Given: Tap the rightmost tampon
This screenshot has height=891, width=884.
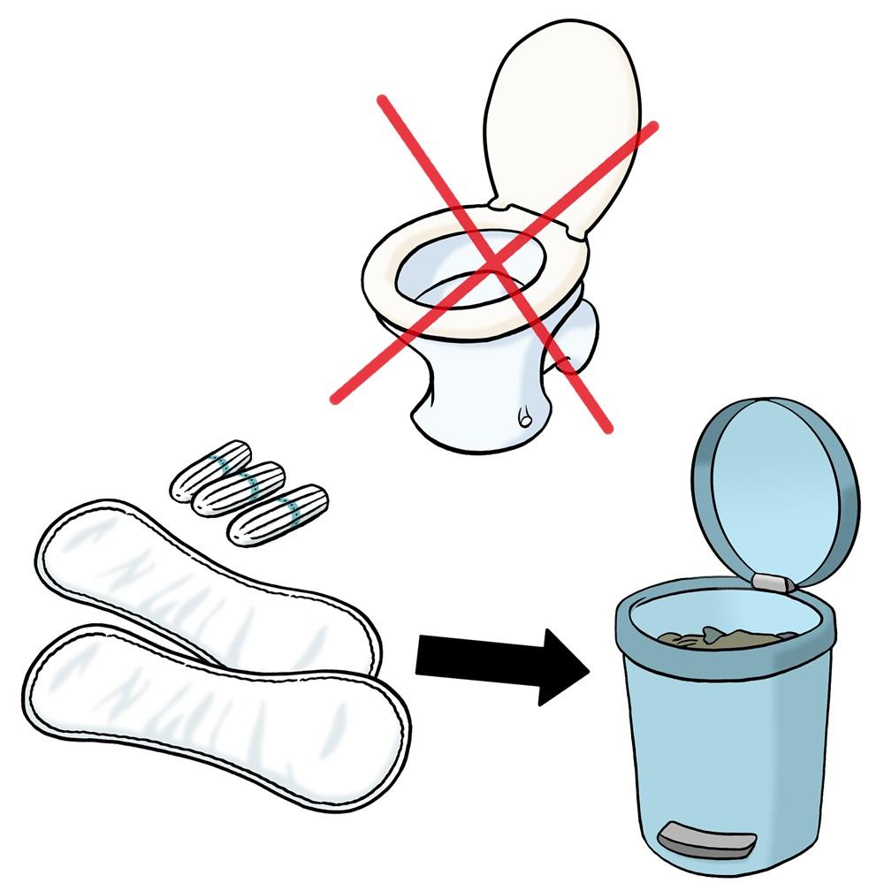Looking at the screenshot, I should (x=277, y=513).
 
